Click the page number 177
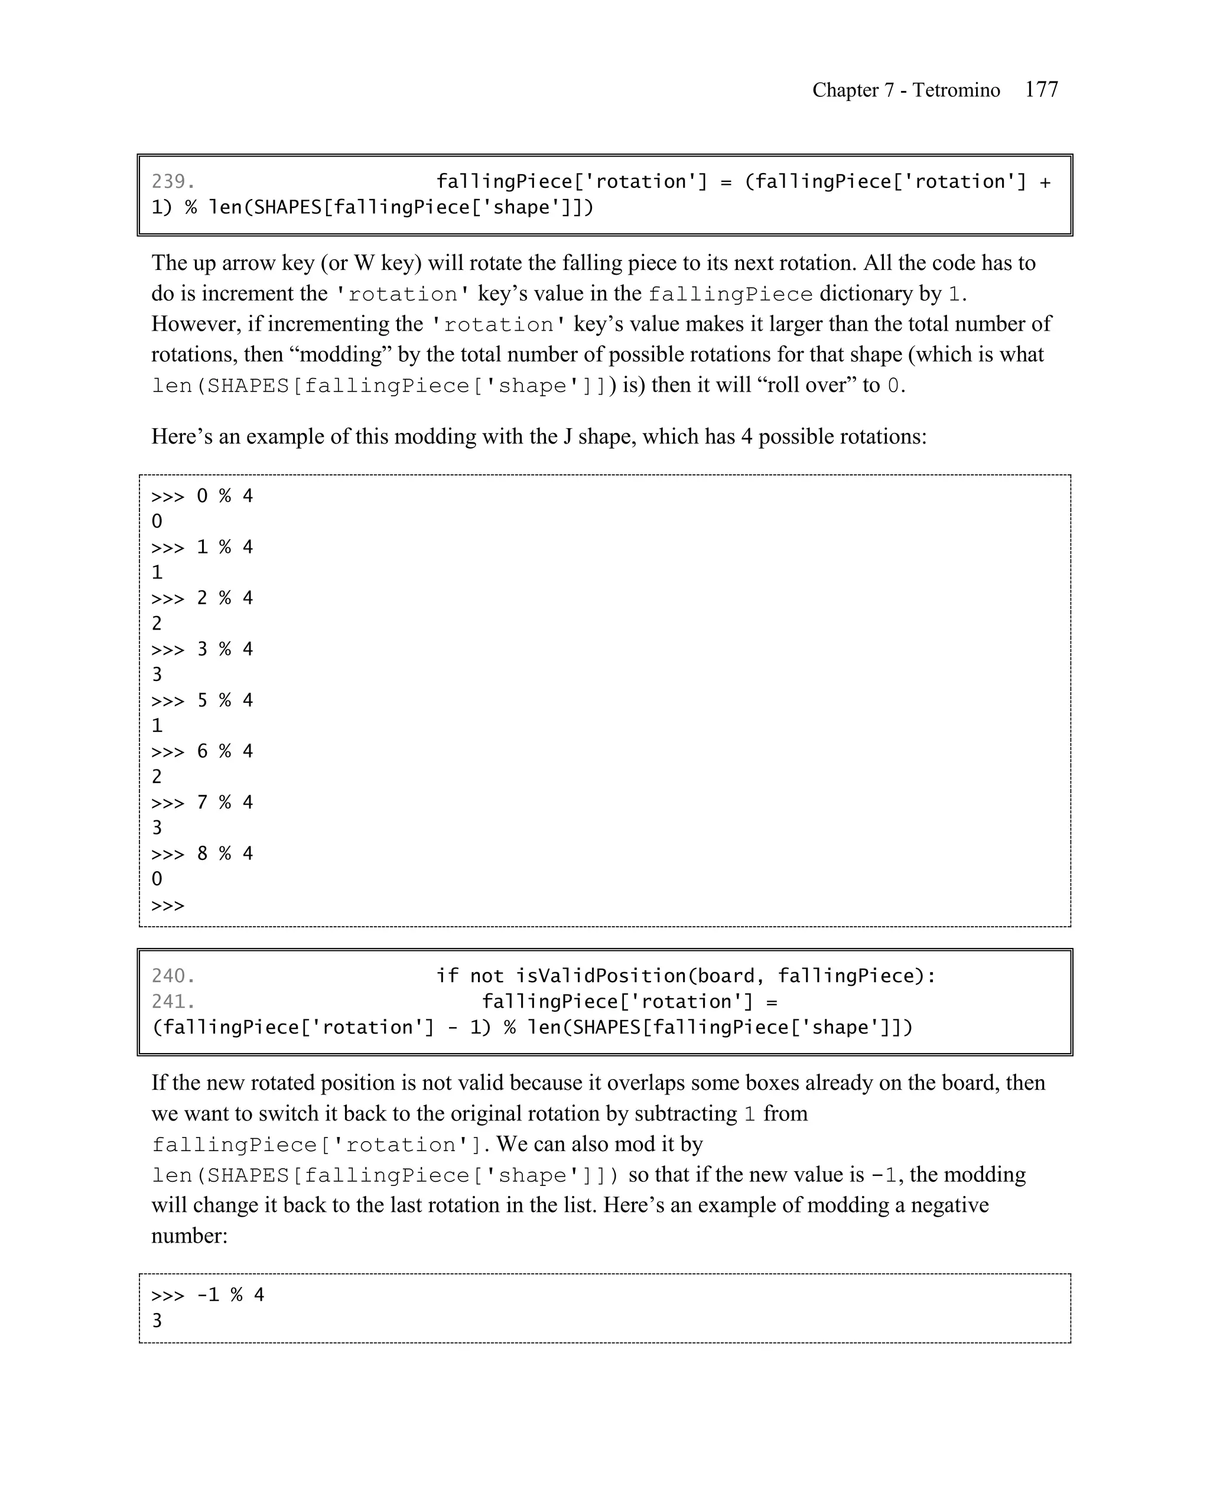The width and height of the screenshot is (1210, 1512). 1041,90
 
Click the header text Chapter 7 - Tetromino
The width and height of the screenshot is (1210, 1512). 906,90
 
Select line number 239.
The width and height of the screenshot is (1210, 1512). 173,182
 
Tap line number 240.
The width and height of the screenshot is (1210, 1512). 173,976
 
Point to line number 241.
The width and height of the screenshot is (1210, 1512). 173,1002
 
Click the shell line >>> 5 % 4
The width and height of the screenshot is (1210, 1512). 202,700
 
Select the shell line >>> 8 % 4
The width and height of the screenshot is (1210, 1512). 202,853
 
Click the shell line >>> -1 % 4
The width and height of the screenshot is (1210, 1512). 207,1295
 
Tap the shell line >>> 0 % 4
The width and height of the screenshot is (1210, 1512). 202,496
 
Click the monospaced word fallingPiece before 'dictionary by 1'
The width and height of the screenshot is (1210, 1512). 730,294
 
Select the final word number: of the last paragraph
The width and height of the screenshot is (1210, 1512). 190,1236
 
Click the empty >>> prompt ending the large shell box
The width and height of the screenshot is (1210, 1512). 168,905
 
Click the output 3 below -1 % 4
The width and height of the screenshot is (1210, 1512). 157,1321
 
